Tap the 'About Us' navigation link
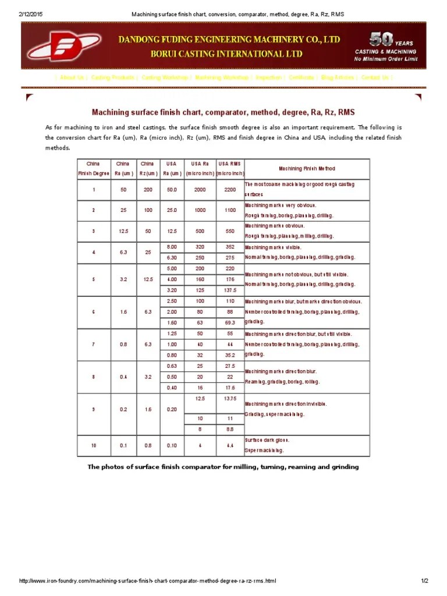[72, 77]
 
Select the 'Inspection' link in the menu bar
[268, 77]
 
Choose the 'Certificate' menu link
[301, 77]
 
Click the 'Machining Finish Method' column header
[306, 169]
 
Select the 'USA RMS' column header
[230, 164]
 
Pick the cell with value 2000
[200, 189]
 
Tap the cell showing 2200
[230, 189]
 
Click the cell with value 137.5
[230, 289]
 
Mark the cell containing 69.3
[230, 322]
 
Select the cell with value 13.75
[230, 398]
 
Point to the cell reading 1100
[230, 210]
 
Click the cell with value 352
[230, 246]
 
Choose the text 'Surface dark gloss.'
[267, 440]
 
